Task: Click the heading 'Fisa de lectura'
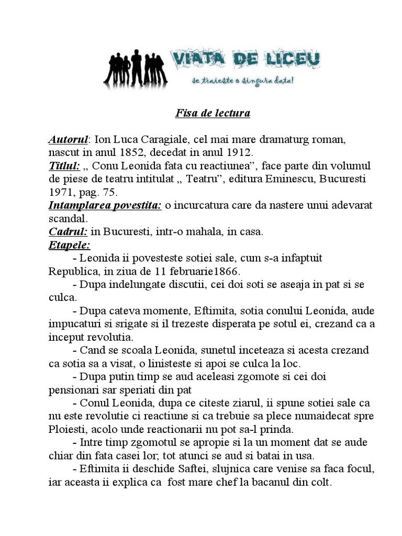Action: (212, 113)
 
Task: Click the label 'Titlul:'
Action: (64, 166)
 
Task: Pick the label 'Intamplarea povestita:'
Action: (105, 205)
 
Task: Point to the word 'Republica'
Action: (72, 271)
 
